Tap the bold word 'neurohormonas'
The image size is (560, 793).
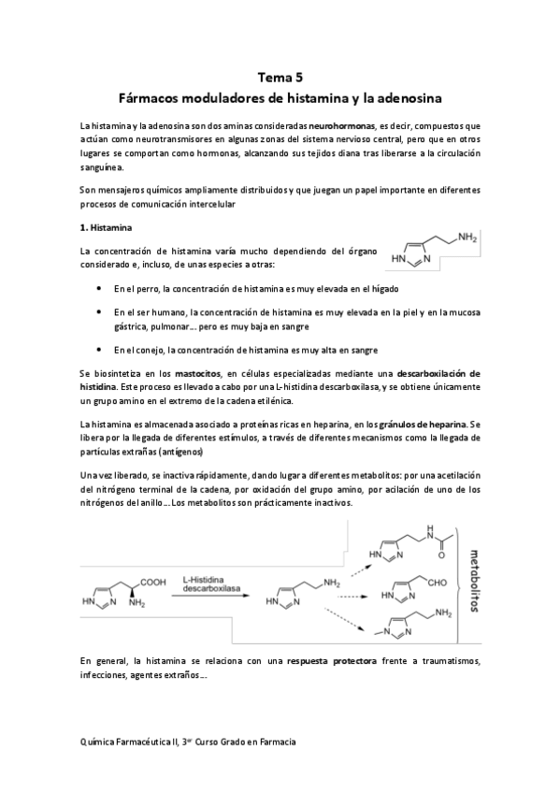coord(342,124)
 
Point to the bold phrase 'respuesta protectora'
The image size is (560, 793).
coord(332,661)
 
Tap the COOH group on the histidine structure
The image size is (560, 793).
coord(151,581)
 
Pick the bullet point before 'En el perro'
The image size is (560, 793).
coord(101,288)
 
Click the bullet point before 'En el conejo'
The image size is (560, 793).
coord(101,350)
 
